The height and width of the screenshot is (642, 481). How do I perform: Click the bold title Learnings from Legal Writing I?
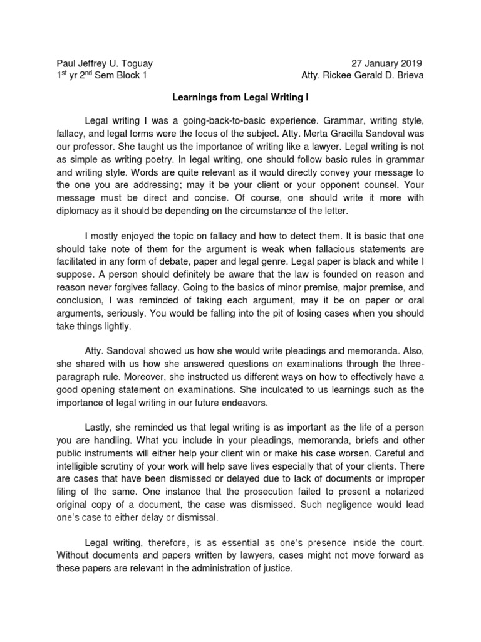coord(240,98)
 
